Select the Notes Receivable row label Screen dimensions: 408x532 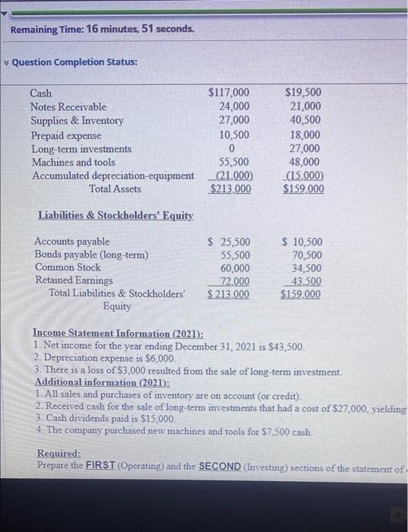pyautogui.click(x=69, y=107)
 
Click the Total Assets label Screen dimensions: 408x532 pyautogui.click(x=115, y=189)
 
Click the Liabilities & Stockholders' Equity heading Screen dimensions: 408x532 pyautogui.click(x=115, y=216)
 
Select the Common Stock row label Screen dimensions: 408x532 pyautogui.click(x=68, y=268)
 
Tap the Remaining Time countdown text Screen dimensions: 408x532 pyautogui.click(x=102, y=30)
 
